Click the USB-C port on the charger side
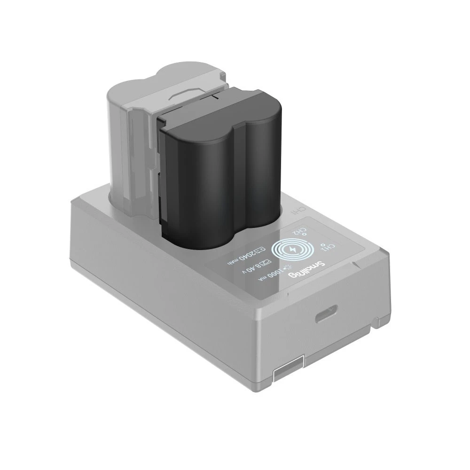click(x=323, y=316)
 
